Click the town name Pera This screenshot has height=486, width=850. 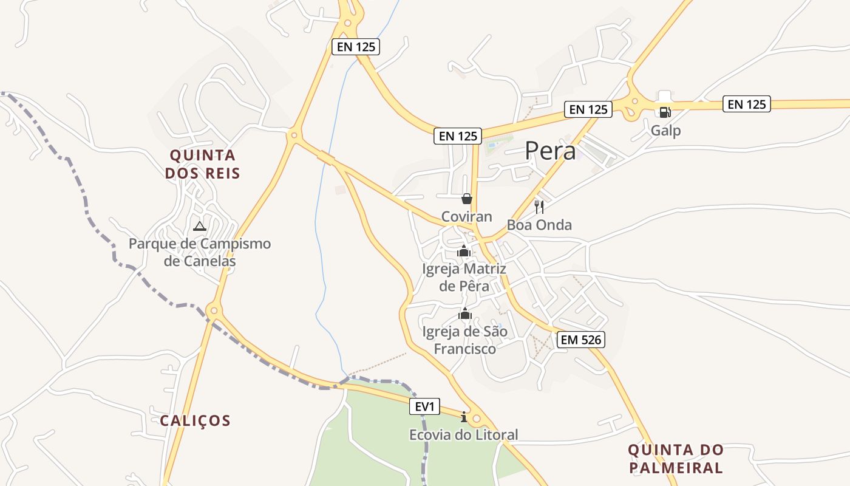point(550,151)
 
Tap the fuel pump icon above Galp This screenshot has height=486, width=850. point(665,112)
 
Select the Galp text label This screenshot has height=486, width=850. point(665,131)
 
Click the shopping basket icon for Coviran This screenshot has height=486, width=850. point(466,199)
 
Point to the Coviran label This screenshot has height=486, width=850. point(466,217)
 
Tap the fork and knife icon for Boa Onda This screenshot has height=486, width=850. point(539,207)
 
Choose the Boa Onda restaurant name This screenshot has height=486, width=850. point(539,225)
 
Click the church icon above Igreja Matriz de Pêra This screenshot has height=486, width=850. point(464,251)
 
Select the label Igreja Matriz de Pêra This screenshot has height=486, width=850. point(464,277)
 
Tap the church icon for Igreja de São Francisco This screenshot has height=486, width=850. point(465,314)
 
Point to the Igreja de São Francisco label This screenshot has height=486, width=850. point(464,340)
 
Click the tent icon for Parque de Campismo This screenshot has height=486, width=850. point(199,227)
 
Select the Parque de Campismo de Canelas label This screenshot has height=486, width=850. point(200,253)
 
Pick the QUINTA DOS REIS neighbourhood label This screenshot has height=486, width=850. point(203,164)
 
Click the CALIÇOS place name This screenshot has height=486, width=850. point(195,420)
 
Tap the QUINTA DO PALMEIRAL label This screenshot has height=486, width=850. point(676,459)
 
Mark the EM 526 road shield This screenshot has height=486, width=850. point(582,340)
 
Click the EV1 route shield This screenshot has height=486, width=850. point(424,406)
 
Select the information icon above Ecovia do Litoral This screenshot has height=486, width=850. point(464,417)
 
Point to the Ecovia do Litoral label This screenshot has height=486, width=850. point(464,435)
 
